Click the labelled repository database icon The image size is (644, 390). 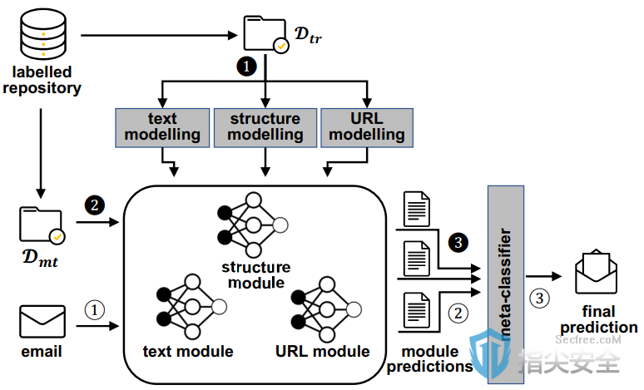pos(43,34)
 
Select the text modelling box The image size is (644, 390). pos(162,128)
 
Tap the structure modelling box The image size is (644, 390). pos(265,128)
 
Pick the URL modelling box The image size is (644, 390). pos(367,128)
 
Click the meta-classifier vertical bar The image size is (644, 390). pos(506,284)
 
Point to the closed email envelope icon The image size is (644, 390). pos(42,322)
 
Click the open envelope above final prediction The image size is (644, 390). pos(596,271)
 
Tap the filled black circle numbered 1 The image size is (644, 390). pos(246,66)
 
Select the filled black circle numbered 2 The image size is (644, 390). pos(95,205)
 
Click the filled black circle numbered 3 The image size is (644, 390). pos(458,243)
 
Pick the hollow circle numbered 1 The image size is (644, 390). pos(95,310)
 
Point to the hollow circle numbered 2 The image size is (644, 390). pos(458,313)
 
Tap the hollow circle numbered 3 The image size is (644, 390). pos(539,298)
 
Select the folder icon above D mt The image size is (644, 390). pos(42,225)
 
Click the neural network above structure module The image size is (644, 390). pos(253,225)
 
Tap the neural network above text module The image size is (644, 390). pos(191,307)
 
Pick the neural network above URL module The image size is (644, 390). pos(326,309)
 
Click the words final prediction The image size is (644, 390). pos(599,319)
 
